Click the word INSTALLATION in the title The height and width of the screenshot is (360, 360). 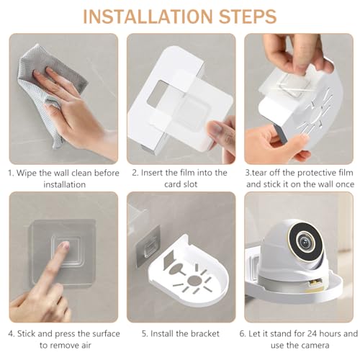(x=148, y=17)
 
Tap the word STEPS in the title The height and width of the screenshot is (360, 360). (x=248, y=17)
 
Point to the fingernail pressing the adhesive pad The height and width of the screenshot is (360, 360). (x=65, y=245)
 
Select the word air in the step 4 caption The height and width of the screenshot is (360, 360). (x=86, y=346)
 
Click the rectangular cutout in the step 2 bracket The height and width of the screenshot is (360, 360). (x=158, y=94)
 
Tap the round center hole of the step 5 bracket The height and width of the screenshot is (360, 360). (x=194, y=281)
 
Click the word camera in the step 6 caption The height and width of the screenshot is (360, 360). (x=315, y=346)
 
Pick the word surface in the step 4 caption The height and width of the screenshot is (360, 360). (x=104, y=334)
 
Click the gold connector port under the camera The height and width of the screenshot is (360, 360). (x=314, y=282)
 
